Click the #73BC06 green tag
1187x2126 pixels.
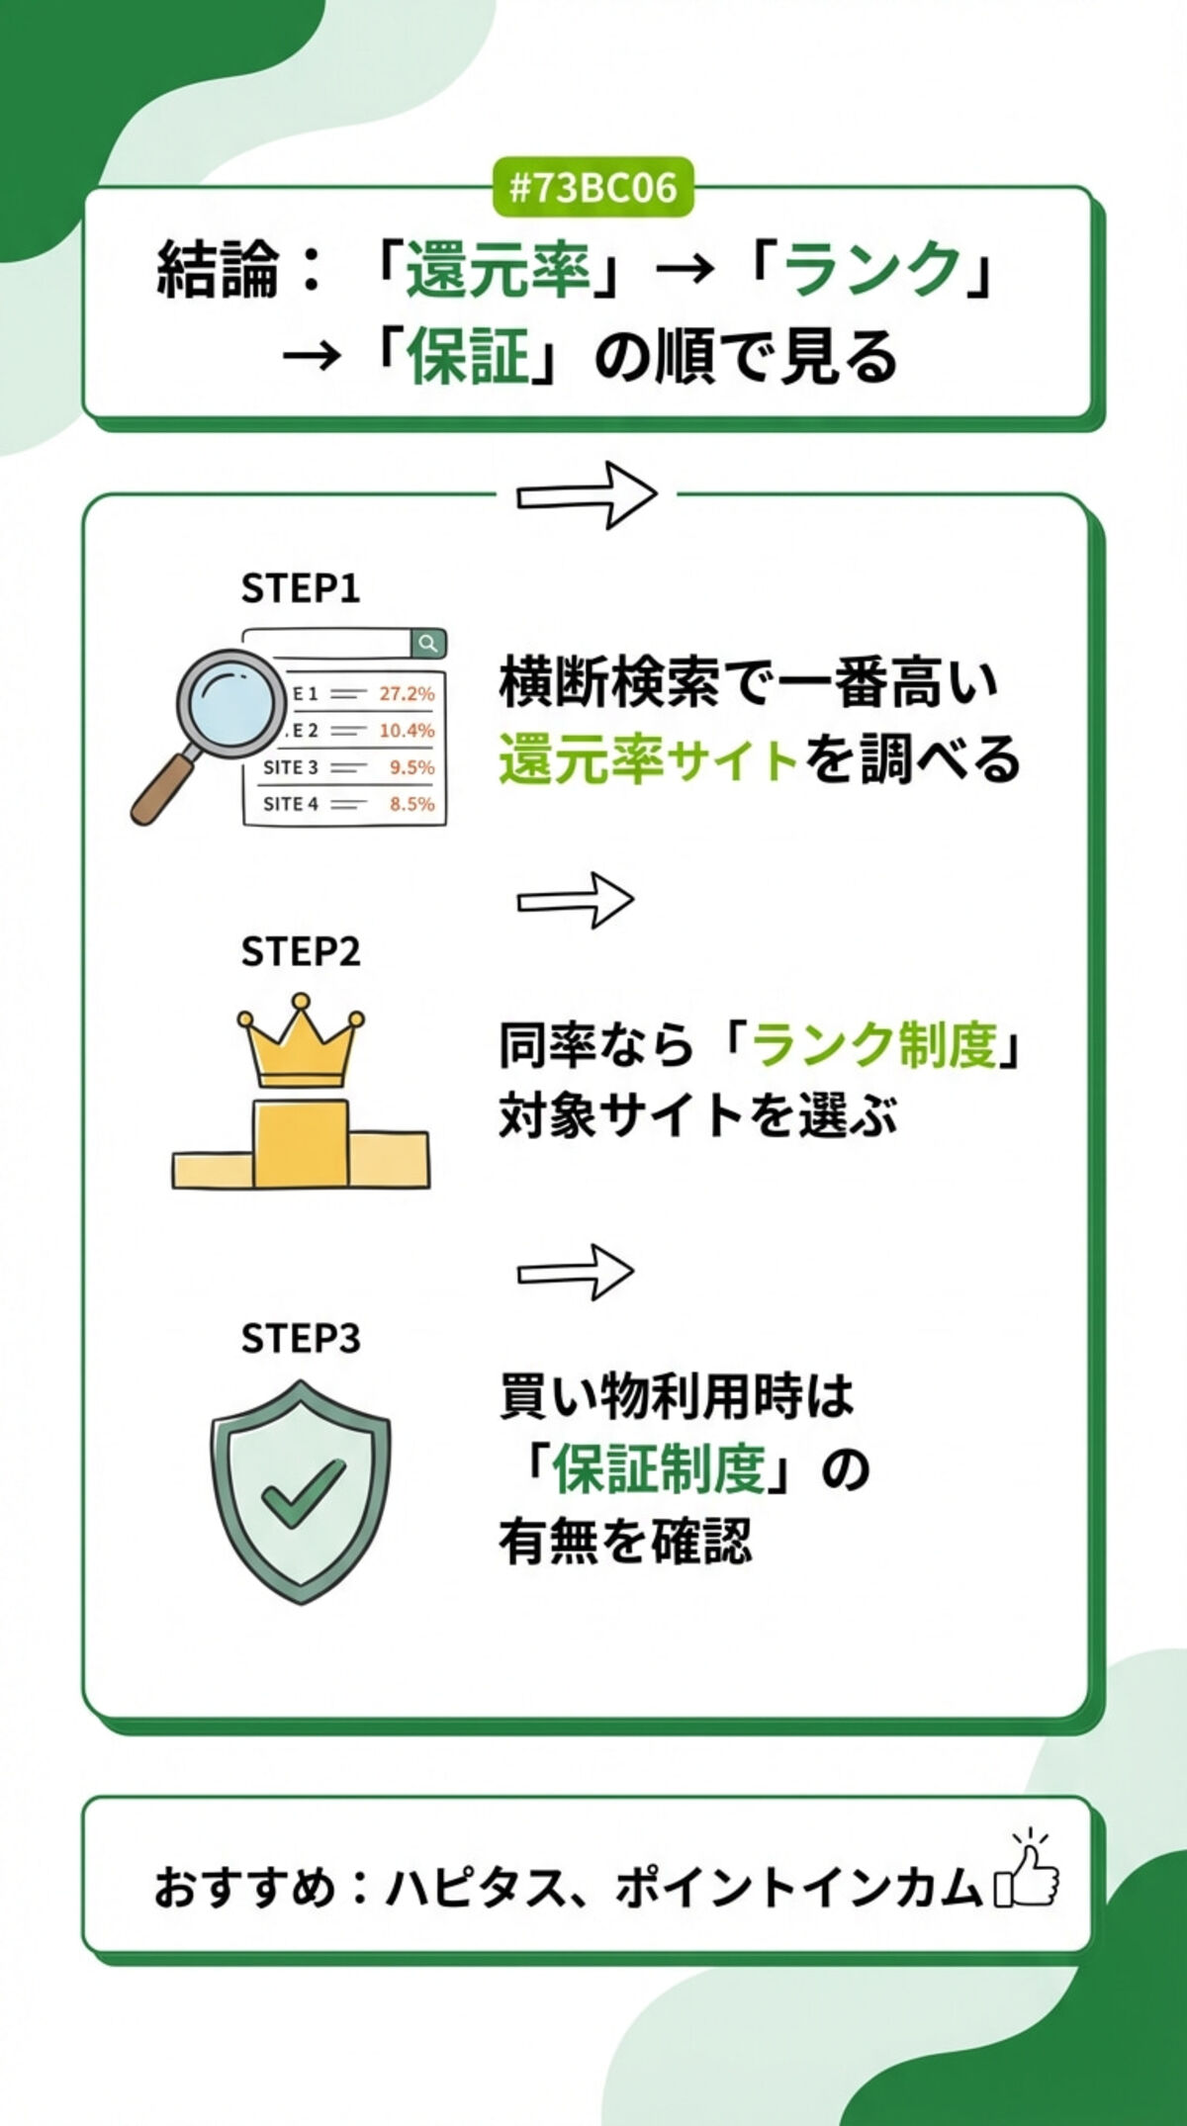593,187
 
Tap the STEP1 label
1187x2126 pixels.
300,588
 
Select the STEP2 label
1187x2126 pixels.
300,951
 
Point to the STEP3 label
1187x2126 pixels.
300,1338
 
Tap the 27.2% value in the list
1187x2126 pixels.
407,693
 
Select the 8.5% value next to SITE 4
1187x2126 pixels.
411,804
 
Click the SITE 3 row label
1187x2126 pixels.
290,767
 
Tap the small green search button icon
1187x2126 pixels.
428,644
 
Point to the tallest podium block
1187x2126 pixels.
301,1143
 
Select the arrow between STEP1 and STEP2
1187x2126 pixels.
575,900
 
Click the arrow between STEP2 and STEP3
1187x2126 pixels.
575,1272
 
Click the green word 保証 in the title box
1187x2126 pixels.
467,357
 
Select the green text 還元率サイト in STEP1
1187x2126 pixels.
648,761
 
